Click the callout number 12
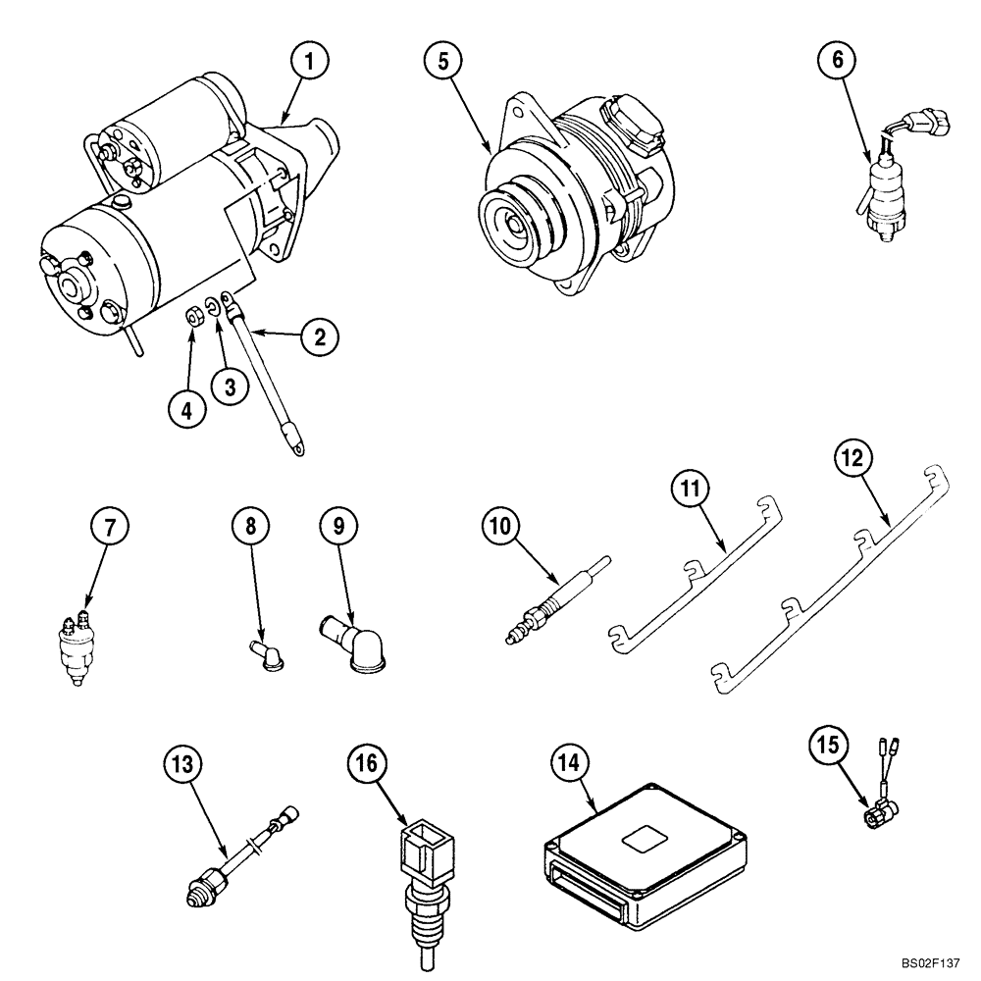[x=852, y=458]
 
